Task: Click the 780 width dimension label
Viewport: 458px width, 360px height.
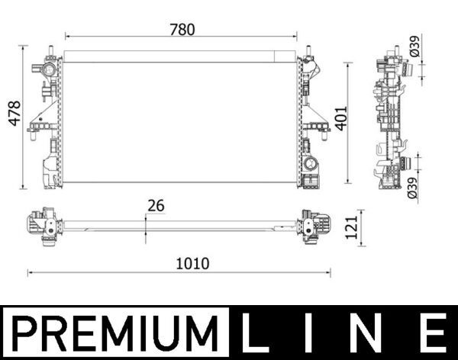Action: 183,30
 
